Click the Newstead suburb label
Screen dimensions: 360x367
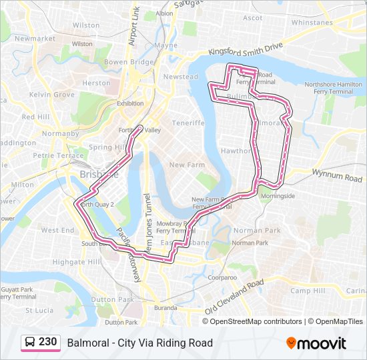pos(181,77)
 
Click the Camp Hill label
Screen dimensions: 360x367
pos(307,291)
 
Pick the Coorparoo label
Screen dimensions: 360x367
pos(222,277)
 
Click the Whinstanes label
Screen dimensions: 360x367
pos(312,22)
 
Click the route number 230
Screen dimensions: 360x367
pos(47,342)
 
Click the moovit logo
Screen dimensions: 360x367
pos(316,343)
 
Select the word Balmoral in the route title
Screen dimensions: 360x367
pos(86,343)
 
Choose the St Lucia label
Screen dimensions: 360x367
pos(38,310)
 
